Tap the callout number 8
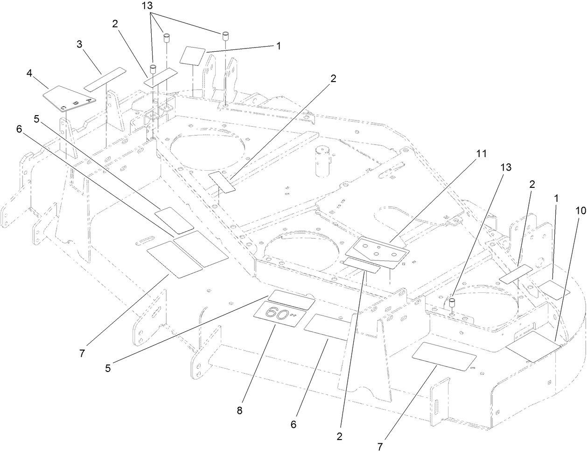[x=240, y=410]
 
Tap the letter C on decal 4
[x=63, y=108]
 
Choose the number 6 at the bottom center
[x=294, y=425]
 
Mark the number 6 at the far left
[x=19, y=129]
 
